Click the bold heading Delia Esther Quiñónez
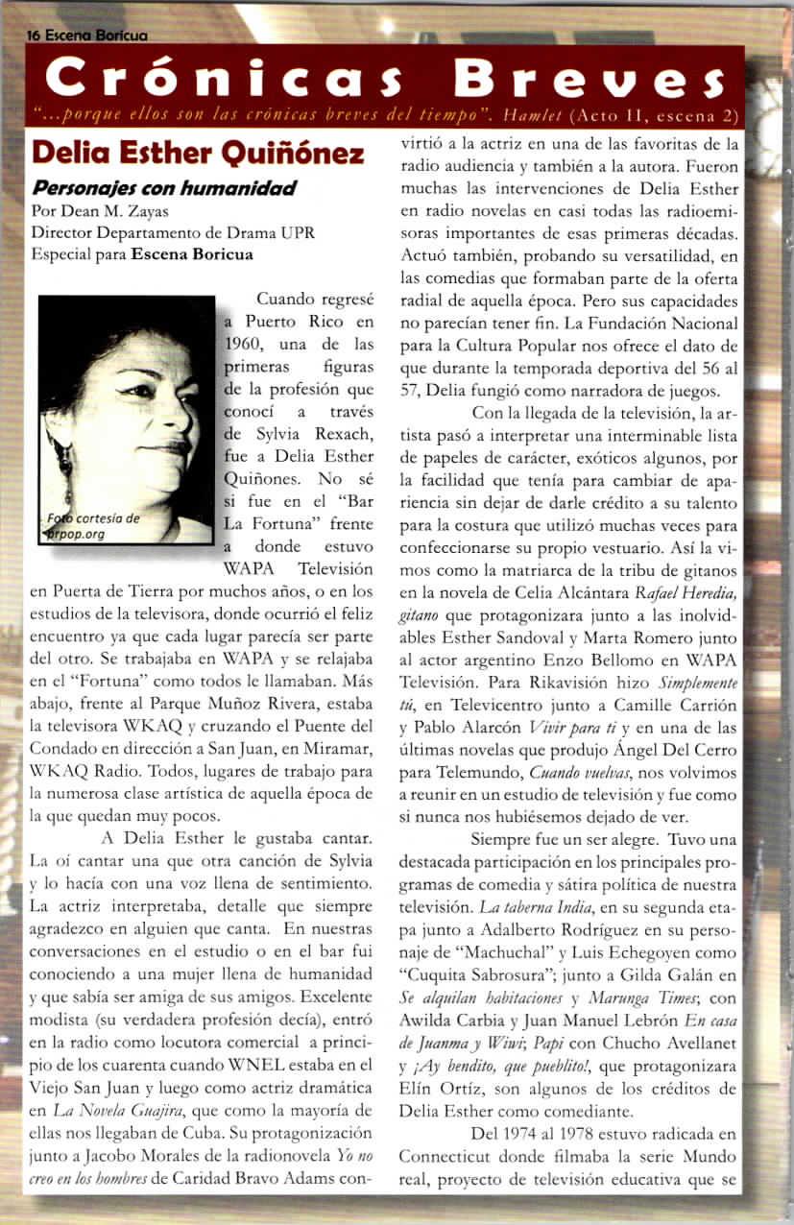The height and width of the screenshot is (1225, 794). click(198, 154)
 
